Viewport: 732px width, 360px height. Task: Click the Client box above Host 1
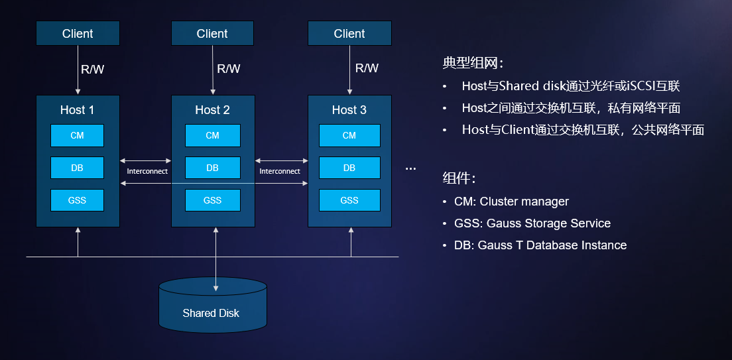pyautogui.click(x=78, y=33)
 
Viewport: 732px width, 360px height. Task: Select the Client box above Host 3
pyautogui.click(x=349, y=33)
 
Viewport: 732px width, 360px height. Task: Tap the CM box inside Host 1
pyautogui.click(x=78, y=135)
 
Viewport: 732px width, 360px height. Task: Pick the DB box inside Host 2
pyautogui.click(x=212, y=168)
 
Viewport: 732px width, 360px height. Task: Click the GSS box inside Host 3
pyautogui.click(x=349, y=200)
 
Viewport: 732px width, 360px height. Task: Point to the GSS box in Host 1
pyautogui.click(x=78, y=200)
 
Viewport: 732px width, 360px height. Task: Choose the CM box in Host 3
pyautogui.click(x=349, y=135)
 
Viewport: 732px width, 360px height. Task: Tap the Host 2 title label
pyautogui.click(x=212, y=110)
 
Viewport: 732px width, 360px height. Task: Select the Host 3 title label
pyautogui.click(x=349, y=110)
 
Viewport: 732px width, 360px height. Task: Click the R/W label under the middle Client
pyautogui.click(x=229, y=68)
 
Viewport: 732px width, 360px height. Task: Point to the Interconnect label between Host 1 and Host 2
pyautogui.click(x=147, y=171)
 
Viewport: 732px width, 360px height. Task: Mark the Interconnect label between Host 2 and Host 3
pyautogui.click(x=280, y=171)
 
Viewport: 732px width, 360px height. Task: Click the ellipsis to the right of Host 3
pyautogui.click(x=410, y=168)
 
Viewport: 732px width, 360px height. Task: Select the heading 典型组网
pyautogui.click(x=473, y=64)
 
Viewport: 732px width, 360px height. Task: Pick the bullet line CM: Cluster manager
pyautogui.click(x=511, y=202)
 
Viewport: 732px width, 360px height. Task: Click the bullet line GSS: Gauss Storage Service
pyautogui.click(x=532, y=223)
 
